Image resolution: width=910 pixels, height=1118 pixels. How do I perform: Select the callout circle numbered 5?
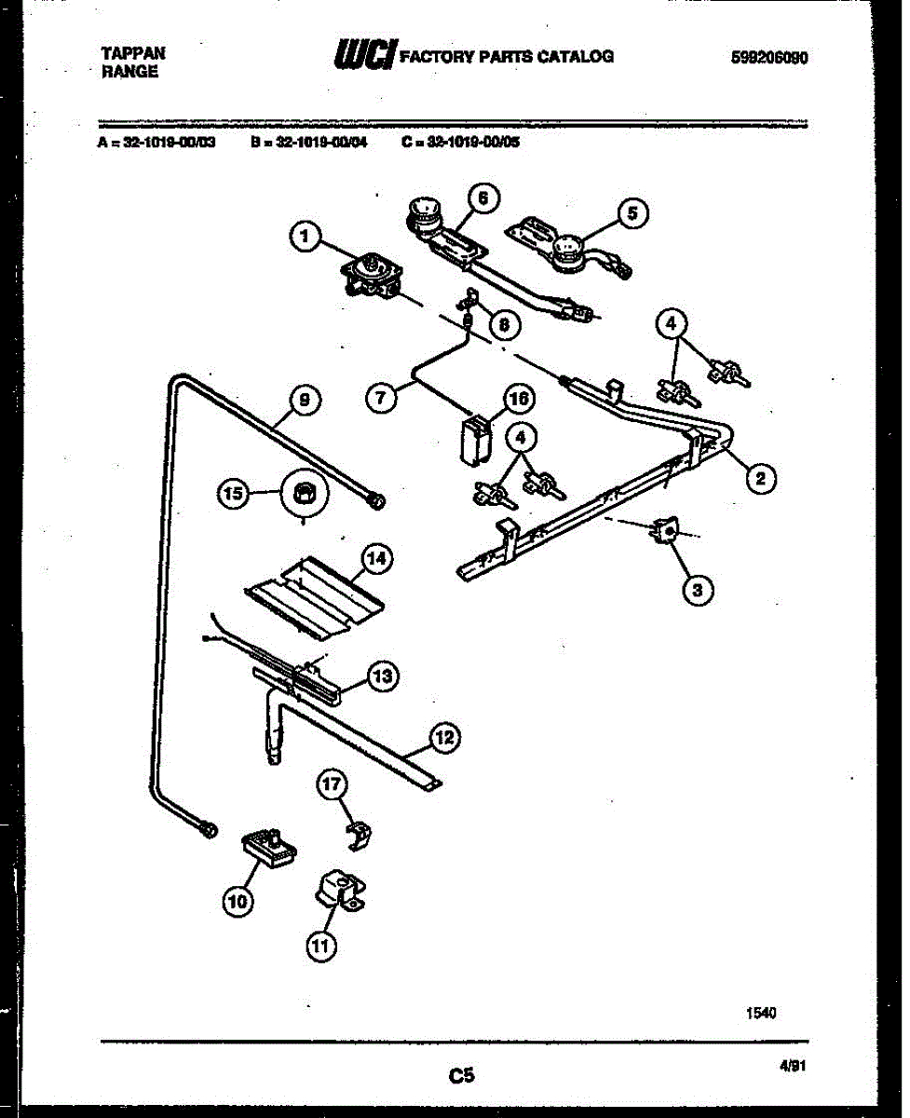[x=632, y=213]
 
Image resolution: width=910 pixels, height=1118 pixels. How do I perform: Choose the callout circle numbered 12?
[x=445, y=739]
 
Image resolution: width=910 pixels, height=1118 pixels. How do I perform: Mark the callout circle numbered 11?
[x=320, y=946]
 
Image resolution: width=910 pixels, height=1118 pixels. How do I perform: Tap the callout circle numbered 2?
[x=760, y=479]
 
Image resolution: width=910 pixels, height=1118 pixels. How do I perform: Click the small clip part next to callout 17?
[x=359, y=834]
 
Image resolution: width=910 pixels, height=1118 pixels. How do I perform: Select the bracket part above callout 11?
[x=341, y=892]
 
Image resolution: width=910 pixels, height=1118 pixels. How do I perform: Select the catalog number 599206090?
[x=769, y=58]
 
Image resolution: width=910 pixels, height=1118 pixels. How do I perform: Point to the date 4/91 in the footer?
[x=792, y=1072]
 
